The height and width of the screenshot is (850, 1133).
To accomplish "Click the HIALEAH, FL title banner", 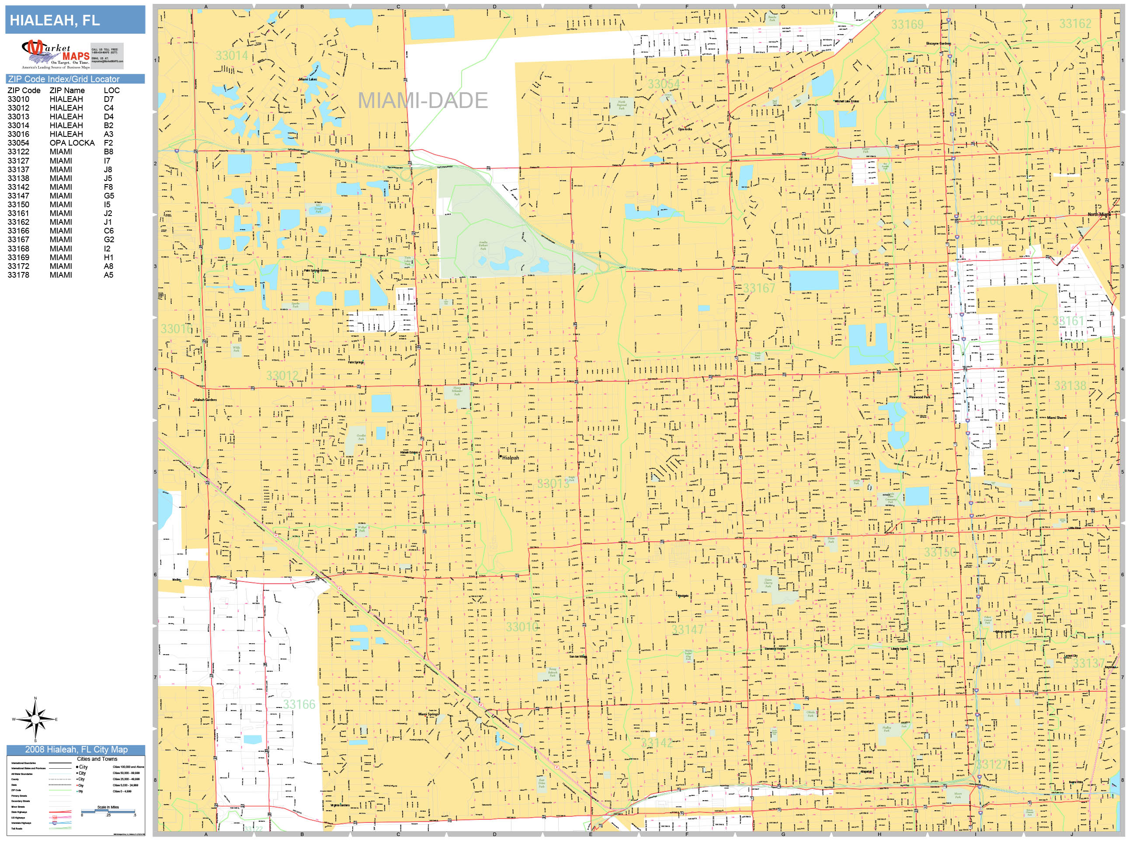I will (75, 21).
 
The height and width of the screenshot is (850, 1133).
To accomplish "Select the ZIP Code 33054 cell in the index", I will (18, 143).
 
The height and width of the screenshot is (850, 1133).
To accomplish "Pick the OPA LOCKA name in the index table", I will (72, 143).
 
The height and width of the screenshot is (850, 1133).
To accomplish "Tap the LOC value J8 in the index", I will (108, 170).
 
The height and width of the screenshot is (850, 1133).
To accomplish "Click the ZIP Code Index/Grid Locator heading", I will (63, 79).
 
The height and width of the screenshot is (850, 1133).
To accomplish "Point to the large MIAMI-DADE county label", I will (422, 101).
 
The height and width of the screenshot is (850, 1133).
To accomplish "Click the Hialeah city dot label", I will (510, 457).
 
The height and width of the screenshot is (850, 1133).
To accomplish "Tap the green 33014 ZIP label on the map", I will (232, 56).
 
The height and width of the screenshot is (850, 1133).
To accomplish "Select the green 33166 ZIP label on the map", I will (299, 704).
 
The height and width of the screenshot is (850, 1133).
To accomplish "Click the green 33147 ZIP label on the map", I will (688, 630).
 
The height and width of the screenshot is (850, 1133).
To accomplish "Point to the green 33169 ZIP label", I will (907, 24).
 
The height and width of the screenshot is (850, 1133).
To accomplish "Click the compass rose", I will (35, 719).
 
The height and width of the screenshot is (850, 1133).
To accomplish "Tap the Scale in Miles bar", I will (108, 811).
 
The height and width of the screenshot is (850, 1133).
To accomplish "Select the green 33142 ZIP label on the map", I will (657, 742).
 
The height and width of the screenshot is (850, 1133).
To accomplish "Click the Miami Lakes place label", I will (308, 80).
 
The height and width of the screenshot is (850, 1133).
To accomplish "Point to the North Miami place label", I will (1099, 214).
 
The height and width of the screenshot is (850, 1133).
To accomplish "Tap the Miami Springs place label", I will (428, 714).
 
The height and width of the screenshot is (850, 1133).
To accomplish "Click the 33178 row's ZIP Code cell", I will (18, 275).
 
